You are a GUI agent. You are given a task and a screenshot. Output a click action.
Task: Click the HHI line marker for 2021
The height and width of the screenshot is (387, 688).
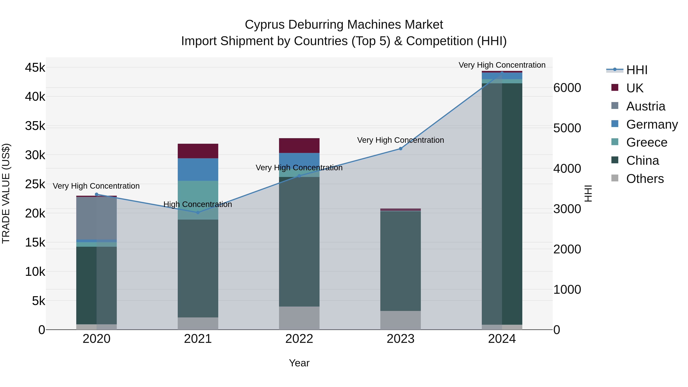(198, 213)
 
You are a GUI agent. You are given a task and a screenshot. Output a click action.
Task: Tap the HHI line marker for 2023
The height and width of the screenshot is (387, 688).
(400, 149)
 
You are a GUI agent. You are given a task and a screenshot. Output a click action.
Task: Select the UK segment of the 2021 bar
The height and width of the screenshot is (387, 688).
(198, 151)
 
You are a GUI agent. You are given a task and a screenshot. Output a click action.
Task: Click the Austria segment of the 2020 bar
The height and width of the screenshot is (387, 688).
(97, 218)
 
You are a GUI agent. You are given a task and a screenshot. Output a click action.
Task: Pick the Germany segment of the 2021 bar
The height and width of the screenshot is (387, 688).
(198, 169)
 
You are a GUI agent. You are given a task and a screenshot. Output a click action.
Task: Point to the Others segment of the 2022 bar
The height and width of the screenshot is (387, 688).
(299, 318)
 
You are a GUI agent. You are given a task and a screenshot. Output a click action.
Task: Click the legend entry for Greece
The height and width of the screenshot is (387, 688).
(646, 142)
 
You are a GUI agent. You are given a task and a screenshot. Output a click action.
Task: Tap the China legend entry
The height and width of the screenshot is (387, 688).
(642, 161)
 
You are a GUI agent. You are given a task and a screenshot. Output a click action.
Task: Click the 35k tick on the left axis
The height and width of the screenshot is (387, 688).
(35, 126)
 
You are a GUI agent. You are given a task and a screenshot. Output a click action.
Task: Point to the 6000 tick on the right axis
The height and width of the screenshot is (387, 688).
(567, 88)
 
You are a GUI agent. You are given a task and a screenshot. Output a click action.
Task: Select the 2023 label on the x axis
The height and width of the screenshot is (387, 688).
(400, 339)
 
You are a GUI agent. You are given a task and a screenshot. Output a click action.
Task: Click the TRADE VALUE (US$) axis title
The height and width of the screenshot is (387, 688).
(6, 193)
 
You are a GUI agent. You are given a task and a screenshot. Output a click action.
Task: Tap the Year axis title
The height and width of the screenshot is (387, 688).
(299, 363)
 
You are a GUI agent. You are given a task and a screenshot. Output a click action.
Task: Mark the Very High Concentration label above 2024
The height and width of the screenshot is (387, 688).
(502, 65)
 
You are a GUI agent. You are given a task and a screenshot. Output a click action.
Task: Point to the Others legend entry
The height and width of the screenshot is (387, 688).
(645, 179)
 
